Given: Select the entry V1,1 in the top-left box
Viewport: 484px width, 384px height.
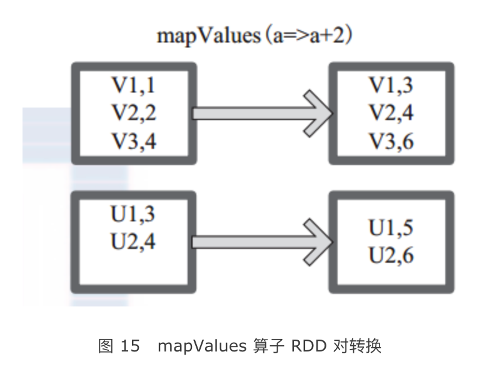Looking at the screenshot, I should coord(133,86).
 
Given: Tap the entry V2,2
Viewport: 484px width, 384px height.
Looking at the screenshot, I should coord(133,113).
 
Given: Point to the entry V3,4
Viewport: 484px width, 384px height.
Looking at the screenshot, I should coord(133,141).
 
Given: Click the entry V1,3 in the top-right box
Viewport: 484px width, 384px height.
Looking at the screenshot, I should coord(391,86).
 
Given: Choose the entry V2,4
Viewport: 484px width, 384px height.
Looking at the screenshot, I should coord(391,113).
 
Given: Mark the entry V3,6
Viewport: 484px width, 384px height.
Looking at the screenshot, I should coord(391,141).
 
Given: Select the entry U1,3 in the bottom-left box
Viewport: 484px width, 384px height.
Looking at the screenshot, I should coord(133,215).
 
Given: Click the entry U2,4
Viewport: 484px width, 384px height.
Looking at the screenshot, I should coord(133,242).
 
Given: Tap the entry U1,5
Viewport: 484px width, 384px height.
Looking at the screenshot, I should coord(391,228).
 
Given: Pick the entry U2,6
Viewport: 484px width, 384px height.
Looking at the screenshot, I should coord(391,256).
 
